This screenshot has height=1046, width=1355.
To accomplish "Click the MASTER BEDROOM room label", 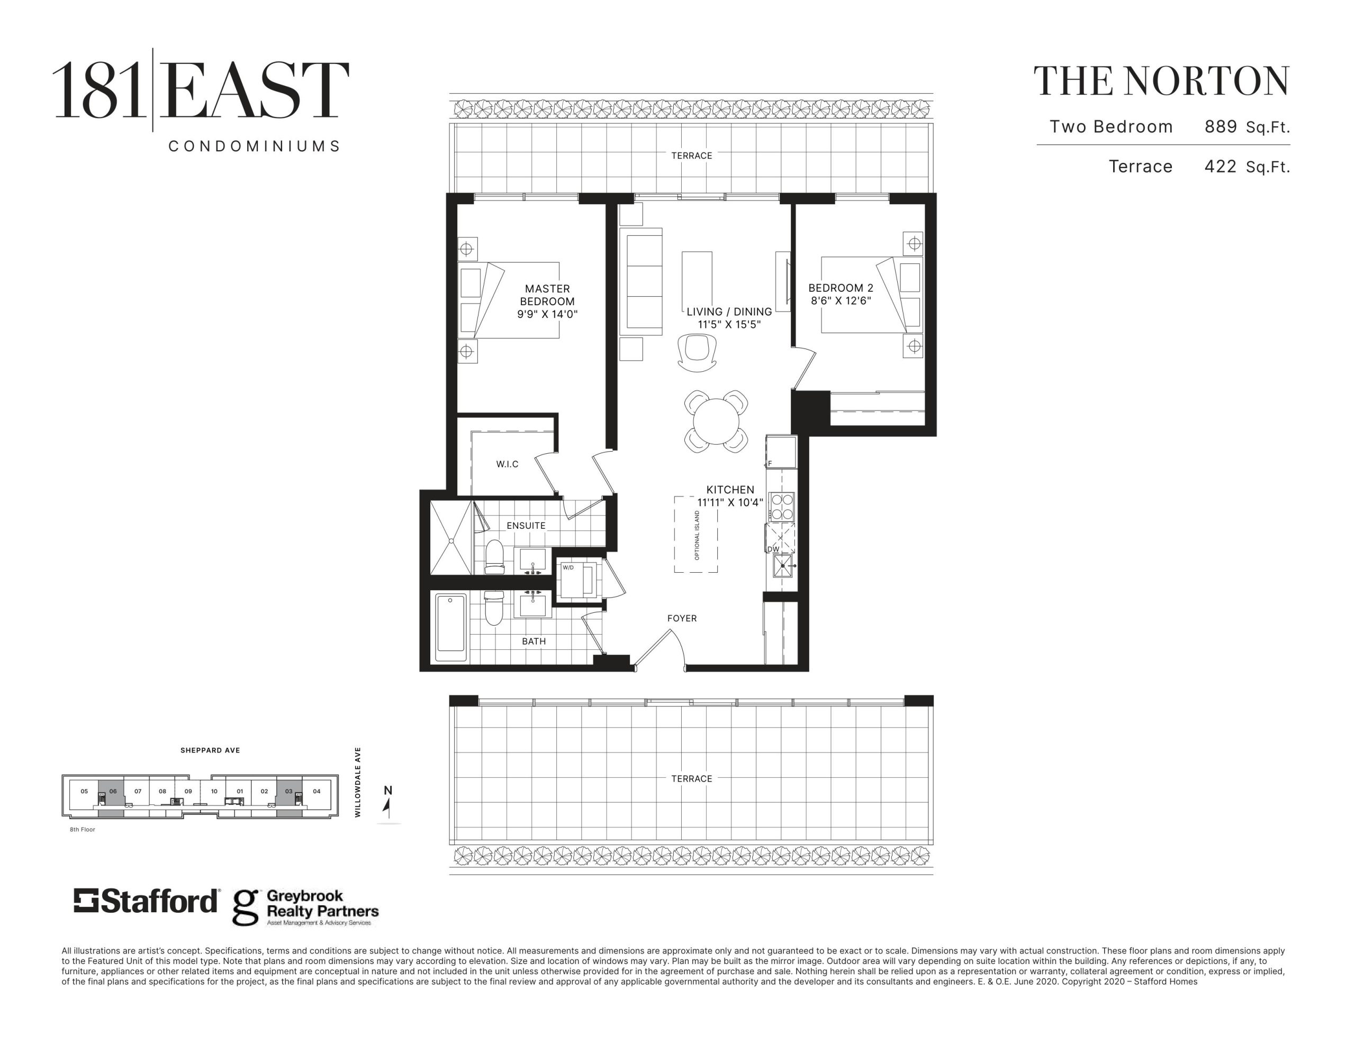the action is pos(547,295).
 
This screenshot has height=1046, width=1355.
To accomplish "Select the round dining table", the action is pos(716,421).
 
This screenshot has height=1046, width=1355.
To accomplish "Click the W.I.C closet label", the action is pos(507,464).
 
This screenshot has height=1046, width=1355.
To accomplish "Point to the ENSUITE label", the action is pos(526,525).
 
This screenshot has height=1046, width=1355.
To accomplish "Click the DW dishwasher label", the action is pos(773,549).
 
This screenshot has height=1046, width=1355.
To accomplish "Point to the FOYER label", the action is pos(682,618).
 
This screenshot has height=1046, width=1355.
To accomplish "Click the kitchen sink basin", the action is pos(782,566).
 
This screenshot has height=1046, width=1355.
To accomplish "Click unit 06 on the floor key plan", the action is pos(112,795).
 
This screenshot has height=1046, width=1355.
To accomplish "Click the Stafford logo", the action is pos(146,901).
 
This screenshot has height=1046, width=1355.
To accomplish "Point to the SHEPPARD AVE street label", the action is pos(210,750).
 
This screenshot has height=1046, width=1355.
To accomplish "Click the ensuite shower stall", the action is pos(451,538).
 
